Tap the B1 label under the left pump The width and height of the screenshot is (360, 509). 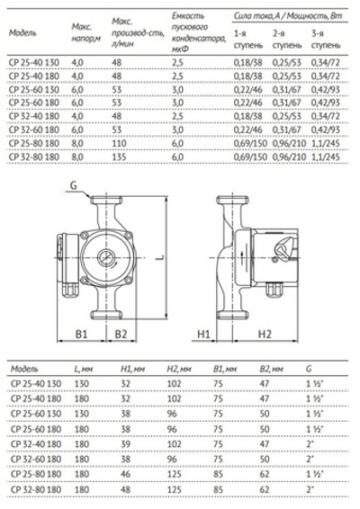[80, 335]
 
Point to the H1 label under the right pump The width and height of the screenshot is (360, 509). [203, 335]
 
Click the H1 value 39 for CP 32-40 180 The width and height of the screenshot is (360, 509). [126, 443]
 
